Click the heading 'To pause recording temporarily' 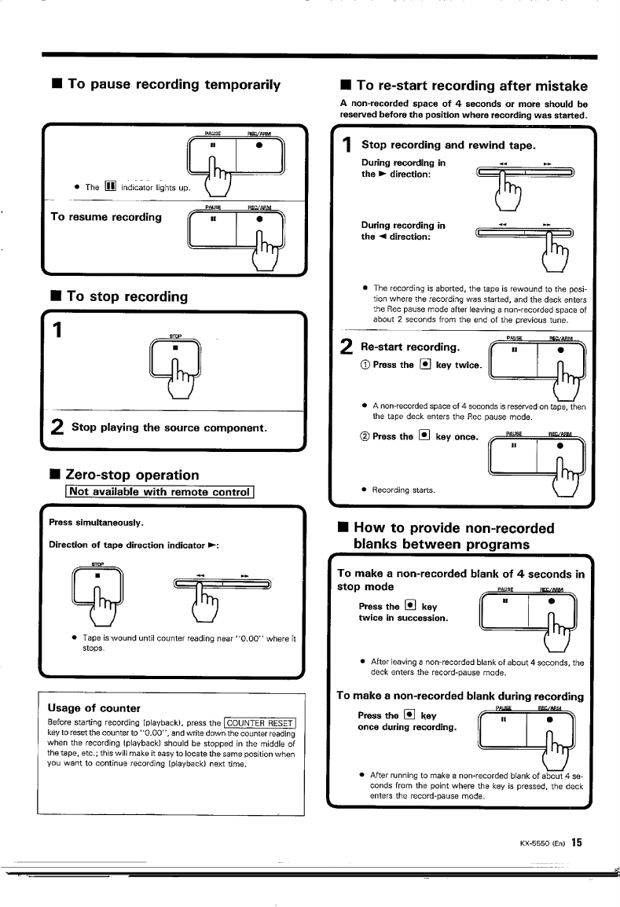click(174, 84)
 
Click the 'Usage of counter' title click(94, 707)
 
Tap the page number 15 click(576, 843)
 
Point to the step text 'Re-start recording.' click(409, 347)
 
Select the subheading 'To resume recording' click(106, 216)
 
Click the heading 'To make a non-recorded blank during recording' click(460, 696)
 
